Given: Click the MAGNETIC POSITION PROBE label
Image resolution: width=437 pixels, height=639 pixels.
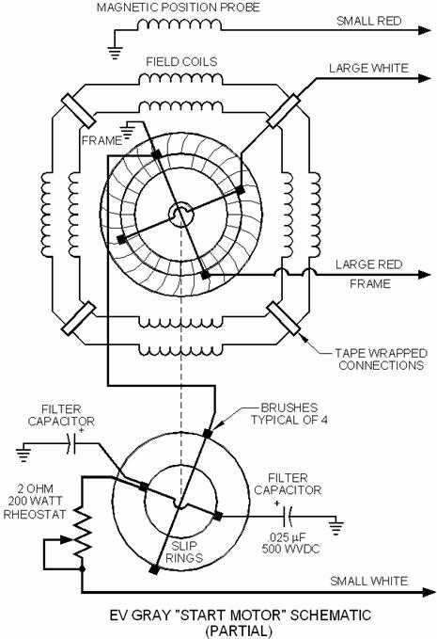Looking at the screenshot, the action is (178, 8).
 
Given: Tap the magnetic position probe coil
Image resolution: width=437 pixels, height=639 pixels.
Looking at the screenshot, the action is (179, 24).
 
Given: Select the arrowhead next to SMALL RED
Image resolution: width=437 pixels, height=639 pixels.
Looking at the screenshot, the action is (425, 30).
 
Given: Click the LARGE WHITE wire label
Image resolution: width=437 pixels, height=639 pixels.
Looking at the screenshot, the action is (368, 68).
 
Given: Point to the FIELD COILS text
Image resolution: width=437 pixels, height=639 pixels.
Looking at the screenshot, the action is (181, 61).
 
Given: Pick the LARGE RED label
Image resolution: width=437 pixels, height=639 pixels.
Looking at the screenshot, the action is (368, 264).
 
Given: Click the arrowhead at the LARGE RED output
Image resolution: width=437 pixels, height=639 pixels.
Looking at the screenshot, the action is (425, 275).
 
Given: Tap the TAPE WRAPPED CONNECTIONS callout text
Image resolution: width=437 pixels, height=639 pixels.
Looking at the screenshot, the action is (381, 359).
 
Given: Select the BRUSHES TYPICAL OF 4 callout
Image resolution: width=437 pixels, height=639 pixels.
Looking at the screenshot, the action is (289, 414).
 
